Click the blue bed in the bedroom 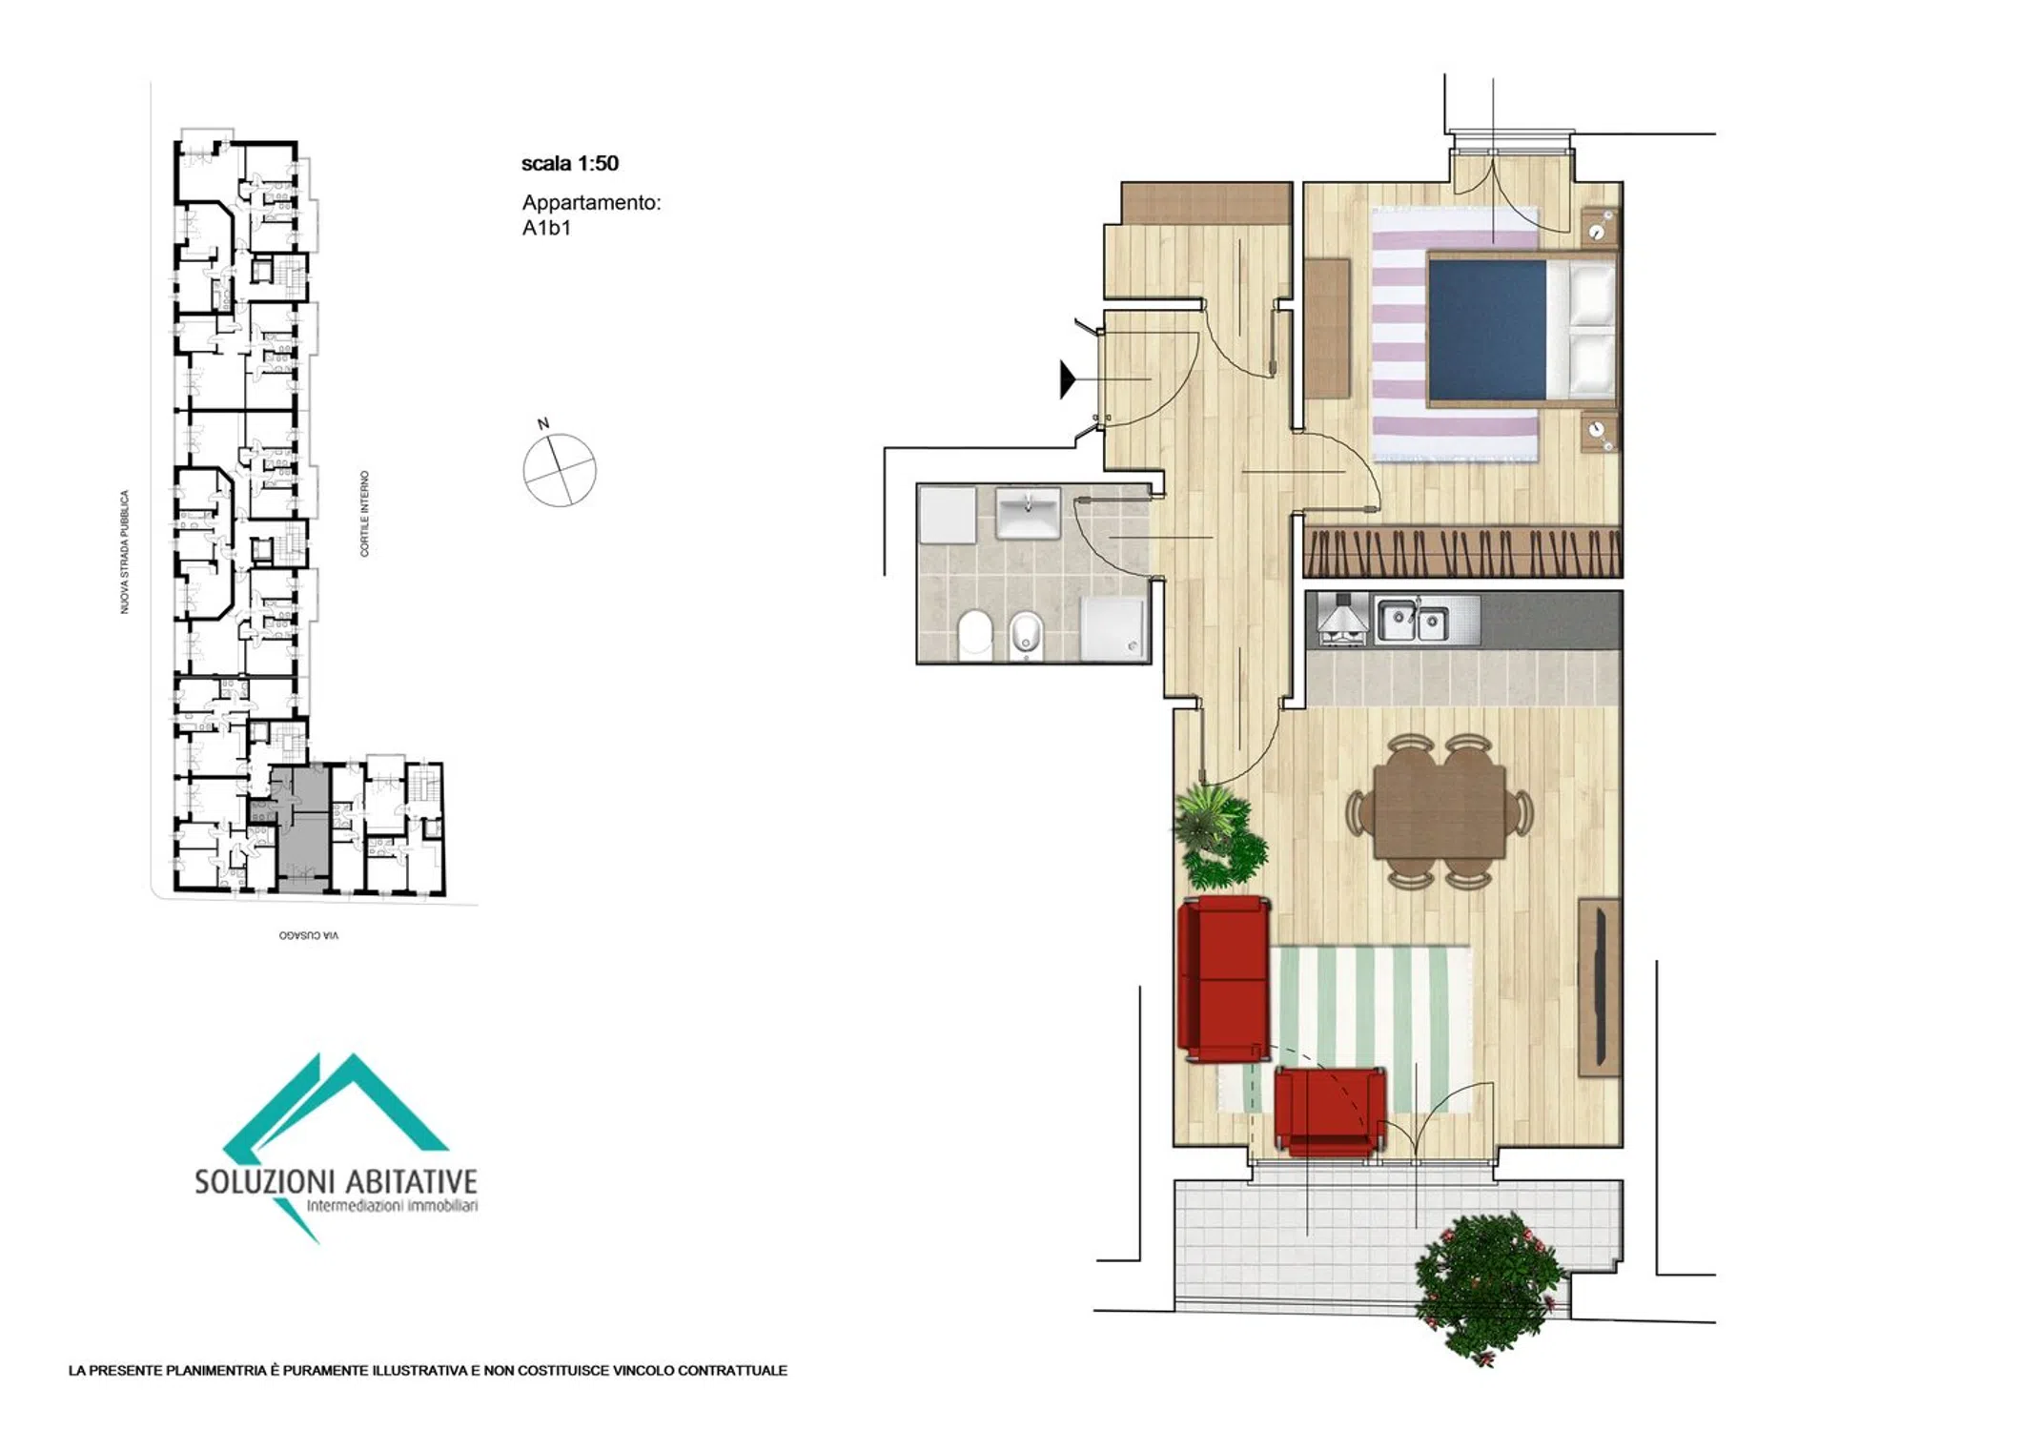point(1522,329)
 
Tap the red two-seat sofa point(1224,979)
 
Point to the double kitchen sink point(1412,621)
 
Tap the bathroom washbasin point(1028,513)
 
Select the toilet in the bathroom point(974,634)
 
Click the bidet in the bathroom point(1026,635)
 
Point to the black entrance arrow point(1069,378)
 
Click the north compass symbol point(560,469)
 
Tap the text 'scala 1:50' point(569,163)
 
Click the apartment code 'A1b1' point(546,228)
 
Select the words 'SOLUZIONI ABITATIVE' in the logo point(336,1182)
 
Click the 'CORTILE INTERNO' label point(364,513)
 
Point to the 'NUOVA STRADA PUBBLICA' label point(124,552)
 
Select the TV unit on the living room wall point(1600,987)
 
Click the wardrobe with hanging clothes point(1461,552)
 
